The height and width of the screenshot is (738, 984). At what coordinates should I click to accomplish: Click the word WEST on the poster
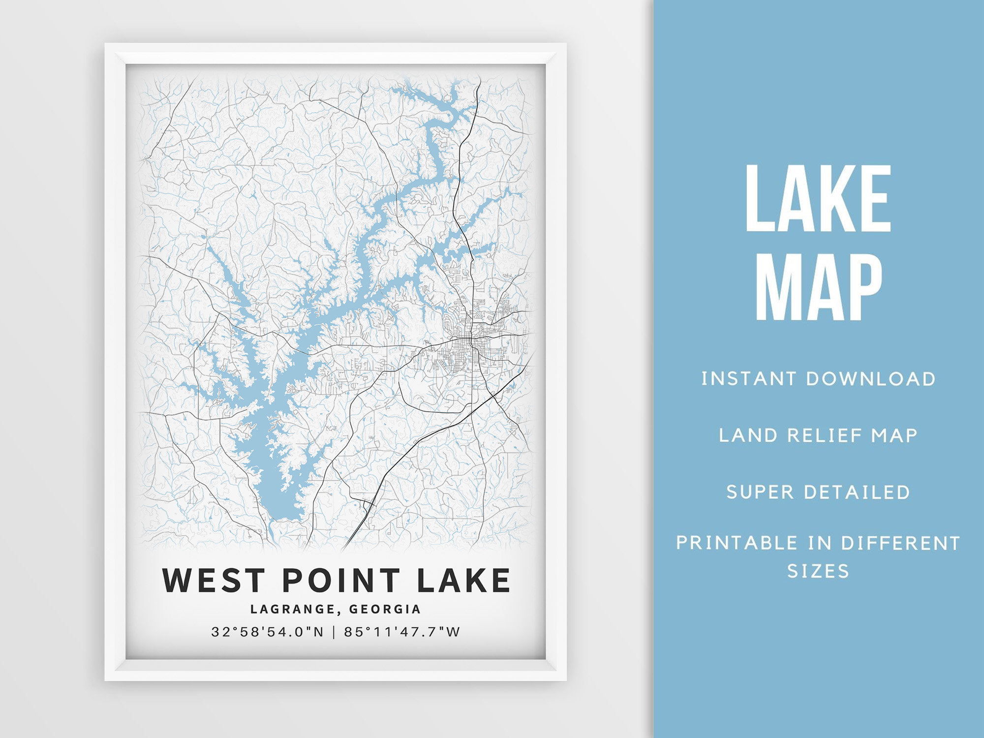(x=214, y=580)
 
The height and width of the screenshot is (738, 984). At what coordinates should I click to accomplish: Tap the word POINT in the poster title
(x=341, y=580)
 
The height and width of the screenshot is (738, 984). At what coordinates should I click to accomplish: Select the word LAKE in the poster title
(x=463, y=580)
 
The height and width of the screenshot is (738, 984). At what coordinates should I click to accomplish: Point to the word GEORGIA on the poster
(x=385, y=610)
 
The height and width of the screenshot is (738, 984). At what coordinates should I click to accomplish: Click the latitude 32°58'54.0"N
(x=268, y=632)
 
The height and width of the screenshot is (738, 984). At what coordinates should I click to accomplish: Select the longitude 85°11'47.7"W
(x=402, y=632)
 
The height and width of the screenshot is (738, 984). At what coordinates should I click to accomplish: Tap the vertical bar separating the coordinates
(x=334, y=632)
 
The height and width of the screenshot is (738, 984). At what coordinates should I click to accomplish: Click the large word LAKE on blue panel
(x=818, y=199)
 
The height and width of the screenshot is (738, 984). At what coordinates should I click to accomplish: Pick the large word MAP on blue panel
(x=818, y=287)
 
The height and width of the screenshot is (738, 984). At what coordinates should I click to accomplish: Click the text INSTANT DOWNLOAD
(x=818, y=379)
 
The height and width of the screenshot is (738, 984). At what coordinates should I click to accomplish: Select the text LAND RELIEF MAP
(x=818, y=435)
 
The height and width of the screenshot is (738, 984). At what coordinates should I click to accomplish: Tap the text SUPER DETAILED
(x=818, y=492)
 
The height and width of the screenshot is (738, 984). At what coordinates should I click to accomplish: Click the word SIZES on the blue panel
(x=818, y=571)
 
